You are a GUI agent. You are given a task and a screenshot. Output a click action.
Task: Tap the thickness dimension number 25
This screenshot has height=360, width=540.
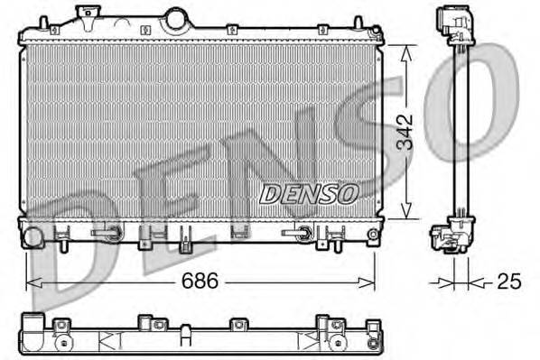(508, 282)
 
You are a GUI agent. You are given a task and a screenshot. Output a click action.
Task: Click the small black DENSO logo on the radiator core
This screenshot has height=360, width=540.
(309, 193)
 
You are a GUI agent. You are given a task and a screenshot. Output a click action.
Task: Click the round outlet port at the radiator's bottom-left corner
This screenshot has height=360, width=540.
(33, 238)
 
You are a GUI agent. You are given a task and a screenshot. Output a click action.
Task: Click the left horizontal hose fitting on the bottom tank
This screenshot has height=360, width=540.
(107, 232)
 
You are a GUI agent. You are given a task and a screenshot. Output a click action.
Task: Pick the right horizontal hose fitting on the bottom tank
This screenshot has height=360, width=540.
(298, 233)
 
